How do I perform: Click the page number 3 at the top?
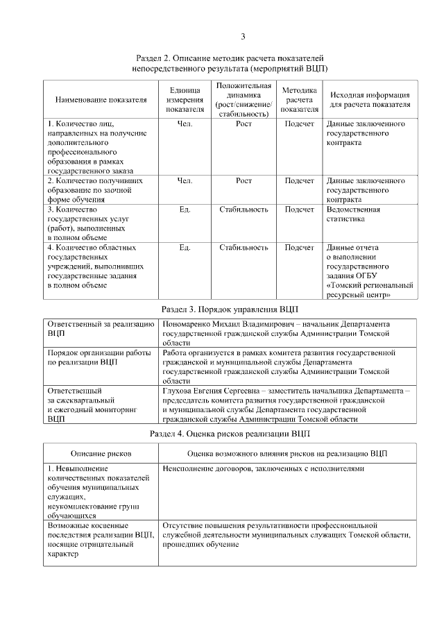[243, 36]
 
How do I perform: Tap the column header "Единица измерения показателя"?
[185, 99]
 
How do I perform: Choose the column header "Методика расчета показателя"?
[300, 99]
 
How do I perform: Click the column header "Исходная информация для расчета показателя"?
[370, 99]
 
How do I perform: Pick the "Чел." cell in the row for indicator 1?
[185, 124]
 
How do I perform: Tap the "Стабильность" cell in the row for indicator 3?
[244, 209]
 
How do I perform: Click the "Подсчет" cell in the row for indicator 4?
[300, 247]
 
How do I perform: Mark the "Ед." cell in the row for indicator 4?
[185, 247]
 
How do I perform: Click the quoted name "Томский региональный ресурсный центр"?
[369, 289]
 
